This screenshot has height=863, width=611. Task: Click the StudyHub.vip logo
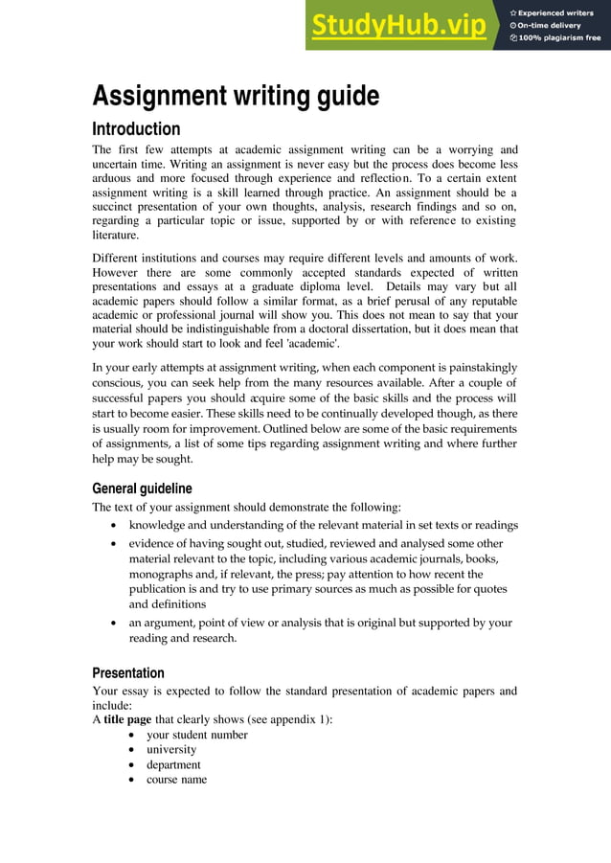[397, 26]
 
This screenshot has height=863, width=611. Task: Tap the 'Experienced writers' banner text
[556, 11]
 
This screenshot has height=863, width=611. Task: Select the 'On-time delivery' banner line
[550, 25]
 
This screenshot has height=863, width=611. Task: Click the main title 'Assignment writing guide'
[236, 97]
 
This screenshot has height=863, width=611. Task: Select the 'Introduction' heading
[136, 129]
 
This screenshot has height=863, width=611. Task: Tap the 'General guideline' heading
[142, 488]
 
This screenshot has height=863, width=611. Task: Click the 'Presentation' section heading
[128, 672]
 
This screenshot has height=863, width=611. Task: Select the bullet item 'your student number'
[196, 735]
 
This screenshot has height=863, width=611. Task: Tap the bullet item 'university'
[171, 750]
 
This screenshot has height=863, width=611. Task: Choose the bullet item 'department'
[173, 765]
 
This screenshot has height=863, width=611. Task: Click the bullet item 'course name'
[176, 781]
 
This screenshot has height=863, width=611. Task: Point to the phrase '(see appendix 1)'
[286, 719]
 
